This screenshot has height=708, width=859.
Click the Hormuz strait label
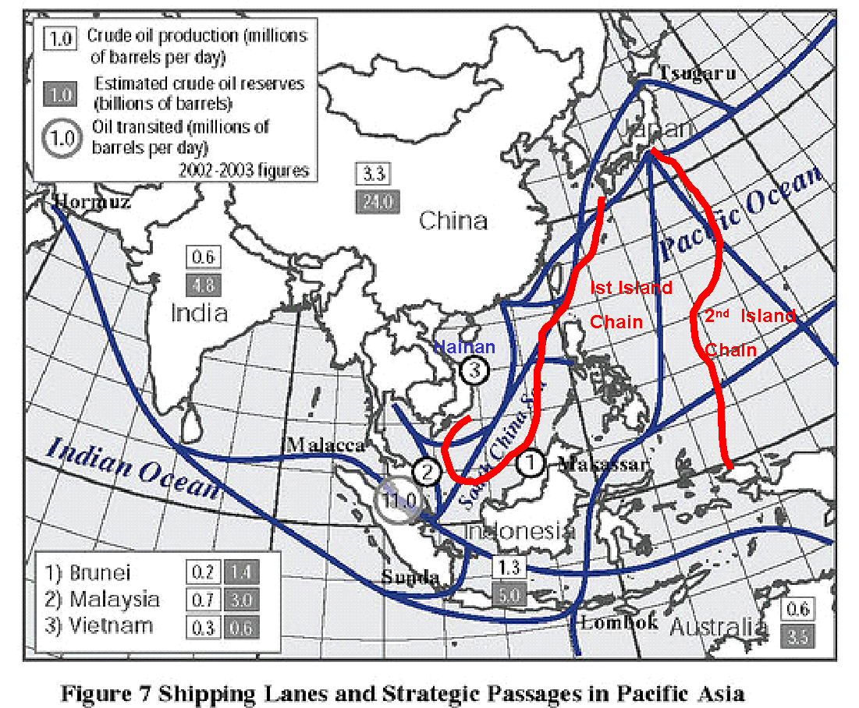click(x=92, y=203)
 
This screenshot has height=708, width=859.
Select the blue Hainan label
click(x=464, y=347)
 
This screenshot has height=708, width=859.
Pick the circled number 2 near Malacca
click(x=427, y=471)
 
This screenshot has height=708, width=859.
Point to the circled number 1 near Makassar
click(x=530, y=462)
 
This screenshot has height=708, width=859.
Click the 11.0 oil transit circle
click(x=399, y=500)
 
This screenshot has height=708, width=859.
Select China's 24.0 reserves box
click(x=378, y=201)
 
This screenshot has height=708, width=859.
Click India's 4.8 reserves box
click(x=203, y=284)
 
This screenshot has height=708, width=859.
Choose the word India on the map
click(x=200, y=313)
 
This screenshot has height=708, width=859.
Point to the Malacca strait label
click(x=326, y=444)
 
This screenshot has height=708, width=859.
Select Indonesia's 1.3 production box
click(x=509, y=567)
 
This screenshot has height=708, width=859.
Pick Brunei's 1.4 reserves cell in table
click(x=241, y=572)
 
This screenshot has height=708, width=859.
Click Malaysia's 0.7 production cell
click(x=204, y=600)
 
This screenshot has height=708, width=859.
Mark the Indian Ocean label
click(x=132, y=467)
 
